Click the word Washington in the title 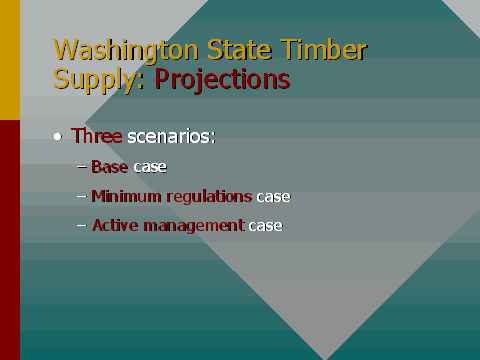(109, 51)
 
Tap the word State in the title (211, 49)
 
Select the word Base (110, 166)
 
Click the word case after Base (150, 166)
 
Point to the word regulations (209, 196)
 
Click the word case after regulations (273, 196)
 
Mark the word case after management (266, 226)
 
